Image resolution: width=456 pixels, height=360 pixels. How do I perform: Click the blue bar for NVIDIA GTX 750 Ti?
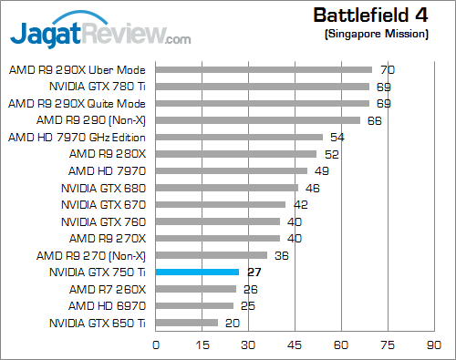pyautogui.click(x=198, y=272)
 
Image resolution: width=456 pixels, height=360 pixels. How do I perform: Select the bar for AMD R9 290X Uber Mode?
pyautogui.click(x=264, y=69)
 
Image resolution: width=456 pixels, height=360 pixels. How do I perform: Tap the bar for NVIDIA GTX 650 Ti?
pyautogui.click(x=187, y=323)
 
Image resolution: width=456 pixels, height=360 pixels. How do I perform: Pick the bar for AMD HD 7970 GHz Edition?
pyautogui.click(x=240, y=137)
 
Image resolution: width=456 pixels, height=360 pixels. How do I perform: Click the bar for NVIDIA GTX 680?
pyautogui.click(x=227, y=188)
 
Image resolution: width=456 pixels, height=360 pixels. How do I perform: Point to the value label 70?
pyautogui.click(x=387, y=69)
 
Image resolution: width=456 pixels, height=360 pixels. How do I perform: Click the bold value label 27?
pyautogui.click(x=254, y=272)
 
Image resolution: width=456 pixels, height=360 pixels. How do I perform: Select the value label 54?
pyautogui.click(x=337, y=137)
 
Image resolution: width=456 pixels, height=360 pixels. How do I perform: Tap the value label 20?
pyautogui.click(x=233, y=323)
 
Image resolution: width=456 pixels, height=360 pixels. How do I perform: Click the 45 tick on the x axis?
pyautogui.click(x=295, y=345)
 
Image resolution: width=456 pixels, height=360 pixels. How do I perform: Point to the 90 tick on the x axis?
pyautogui.click(x=432, y=345)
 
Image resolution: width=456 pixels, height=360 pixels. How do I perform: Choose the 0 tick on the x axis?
pyautogui.click(x=157, y=345)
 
